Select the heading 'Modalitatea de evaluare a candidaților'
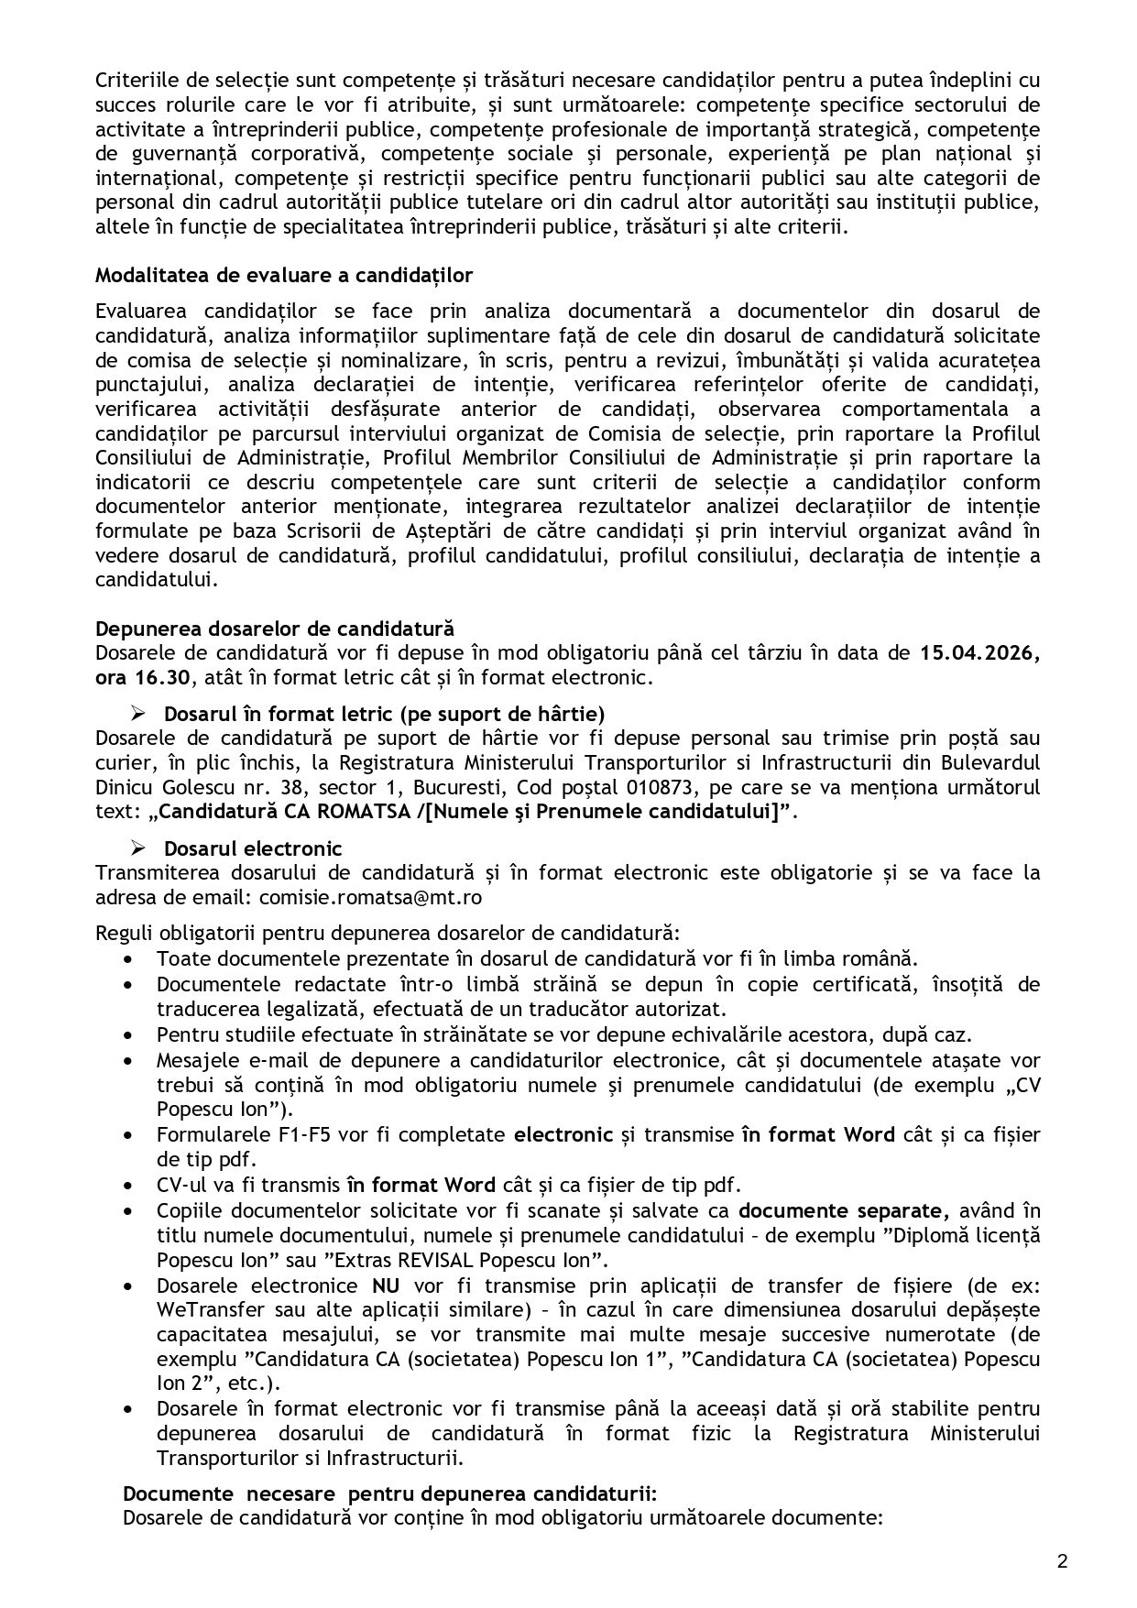[284, 276]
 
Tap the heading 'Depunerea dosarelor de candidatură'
[275, 629]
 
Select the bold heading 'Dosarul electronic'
[253, 848]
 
